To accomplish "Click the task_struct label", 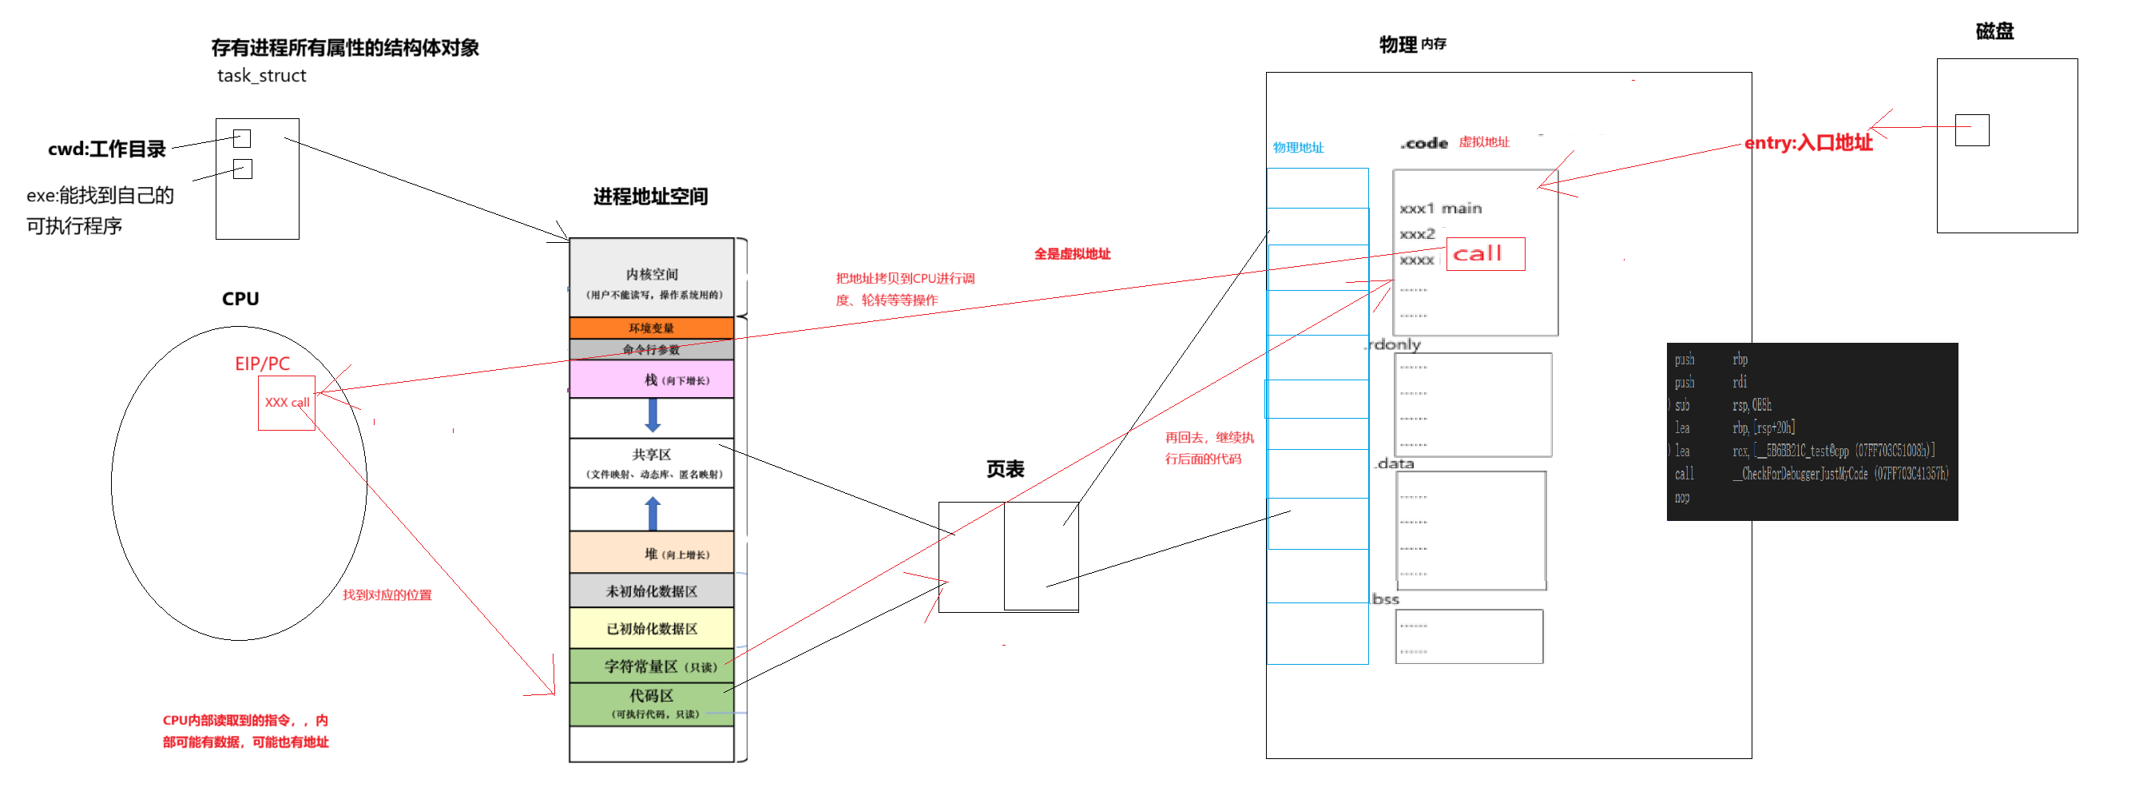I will [261, 76].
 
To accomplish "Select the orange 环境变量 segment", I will [651, 328].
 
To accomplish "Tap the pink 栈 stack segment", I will [651, 380].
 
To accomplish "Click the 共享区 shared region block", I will [651, 463].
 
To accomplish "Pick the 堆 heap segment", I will [651, 553].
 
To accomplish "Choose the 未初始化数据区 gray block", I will [651, 591].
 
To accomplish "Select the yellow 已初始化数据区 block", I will [651, 628].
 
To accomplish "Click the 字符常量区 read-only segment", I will [651, 666].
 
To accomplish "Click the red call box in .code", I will [1485, 254].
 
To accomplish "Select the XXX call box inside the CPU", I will [286, 403].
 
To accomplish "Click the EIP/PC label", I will [262, 364].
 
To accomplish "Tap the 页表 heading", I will [1005, 469].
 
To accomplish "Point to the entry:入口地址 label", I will [1808, 143].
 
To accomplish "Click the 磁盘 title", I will [1994, 31].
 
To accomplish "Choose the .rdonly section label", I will [1393, 344].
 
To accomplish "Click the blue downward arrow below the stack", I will [653, 415].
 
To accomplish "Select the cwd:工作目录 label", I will [107, 149].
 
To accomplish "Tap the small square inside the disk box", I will [1971, 130].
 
